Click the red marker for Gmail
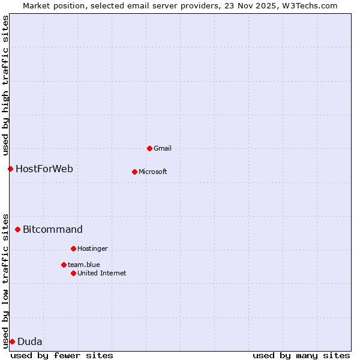(149, 148)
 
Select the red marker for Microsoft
(134, 172)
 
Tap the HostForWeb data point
(10, 169)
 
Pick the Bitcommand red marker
(17, 229)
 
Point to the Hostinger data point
(73, 248)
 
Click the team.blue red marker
(64, 265)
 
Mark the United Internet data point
(73, 273)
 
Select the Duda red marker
(12, 341)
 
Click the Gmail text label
(163, 148)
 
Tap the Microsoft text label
(153, 172)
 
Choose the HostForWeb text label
(44, 169)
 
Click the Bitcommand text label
(53, 229)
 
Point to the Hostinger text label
(92, 248)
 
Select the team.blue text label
(84, 265)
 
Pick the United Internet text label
(102, 273)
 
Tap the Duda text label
(30, 341)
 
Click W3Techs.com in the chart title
(309, 5)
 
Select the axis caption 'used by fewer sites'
(62, 355)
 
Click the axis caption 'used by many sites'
(301, 355)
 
